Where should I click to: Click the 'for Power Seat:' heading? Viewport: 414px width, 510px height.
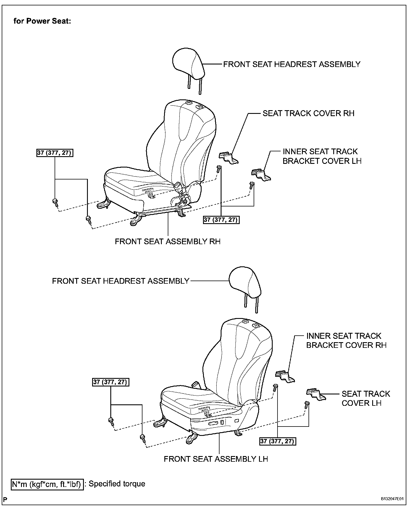[x=42, y=21]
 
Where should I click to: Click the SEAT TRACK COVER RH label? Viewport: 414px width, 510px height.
[x=308, y=113]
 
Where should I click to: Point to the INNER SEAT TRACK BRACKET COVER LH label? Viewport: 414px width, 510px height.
[x=322, y=156]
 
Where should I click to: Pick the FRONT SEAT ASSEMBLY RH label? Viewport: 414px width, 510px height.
[x=167, y=241]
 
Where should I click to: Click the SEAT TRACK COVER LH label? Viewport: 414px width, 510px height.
[x=366, y=398]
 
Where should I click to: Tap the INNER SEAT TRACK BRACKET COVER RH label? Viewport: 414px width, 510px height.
[x=346, y=340]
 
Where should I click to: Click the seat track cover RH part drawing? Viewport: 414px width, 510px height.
[x=229, y=158]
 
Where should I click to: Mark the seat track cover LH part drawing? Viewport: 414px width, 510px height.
[x=316, y=394]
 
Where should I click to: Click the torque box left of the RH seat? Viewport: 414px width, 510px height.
[x=55, y=153]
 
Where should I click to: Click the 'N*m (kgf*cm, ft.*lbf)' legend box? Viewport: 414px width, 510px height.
[x=47, y=484]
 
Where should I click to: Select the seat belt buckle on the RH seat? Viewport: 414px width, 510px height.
[x=179, y=188]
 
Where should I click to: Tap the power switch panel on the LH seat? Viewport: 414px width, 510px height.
[x=217, y=424]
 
